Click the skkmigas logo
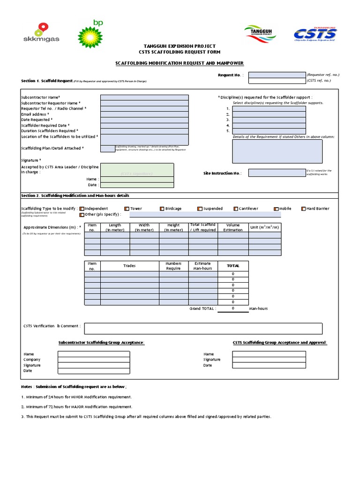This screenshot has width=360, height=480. tap(41, 33)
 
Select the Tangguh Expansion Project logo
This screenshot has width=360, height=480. tap(261, 34)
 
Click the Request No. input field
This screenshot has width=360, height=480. tap(277, 75)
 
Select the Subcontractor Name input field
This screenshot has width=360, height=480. tap(144, 97)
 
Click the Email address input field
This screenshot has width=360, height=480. tap(144, 114)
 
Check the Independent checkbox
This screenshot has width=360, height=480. tap(82, 209)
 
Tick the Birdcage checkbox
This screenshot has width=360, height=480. tap(162, 209)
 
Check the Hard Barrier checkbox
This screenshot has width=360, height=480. tap(304, 209)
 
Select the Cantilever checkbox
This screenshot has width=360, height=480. tap(235, 209)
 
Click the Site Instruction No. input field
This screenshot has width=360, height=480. tap(277, 173)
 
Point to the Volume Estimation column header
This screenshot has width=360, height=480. tap(233, 227)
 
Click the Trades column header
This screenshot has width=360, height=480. tap(129, 266)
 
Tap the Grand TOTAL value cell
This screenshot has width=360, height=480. tap(233, 308)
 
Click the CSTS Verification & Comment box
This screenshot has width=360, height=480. tap(203, 328)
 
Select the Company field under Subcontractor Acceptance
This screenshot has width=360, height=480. tap(94, 360)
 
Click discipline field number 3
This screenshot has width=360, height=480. tap(269, 120)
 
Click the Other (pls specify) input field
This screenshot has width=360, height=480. tap(205, 214)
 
